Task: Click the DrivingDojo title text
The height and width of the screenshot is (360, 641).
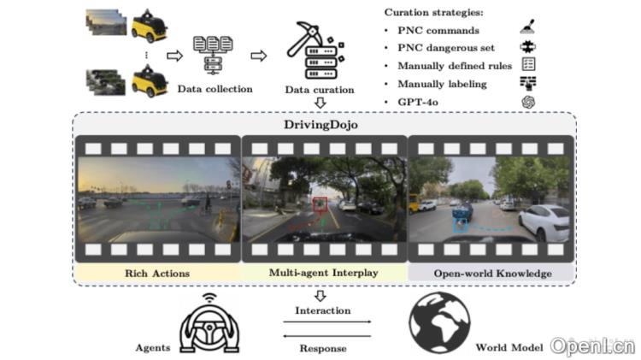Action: pos(320,125)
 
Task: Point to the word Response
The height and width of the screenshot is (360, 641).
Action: pos(322,348)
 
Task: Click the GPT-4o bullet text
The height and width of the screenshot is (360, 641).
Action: pos(418,101)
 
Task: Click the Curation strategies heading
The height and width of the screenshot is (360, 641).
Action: pos(433,12)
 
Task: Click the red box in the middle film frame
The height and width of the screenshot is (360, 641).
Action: pos(320,204)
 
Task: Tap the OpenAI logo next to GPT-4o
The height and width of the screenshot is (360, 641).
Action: pos(529,102)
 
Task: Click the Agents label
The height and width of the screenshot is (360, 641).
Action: pos(153,348)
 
